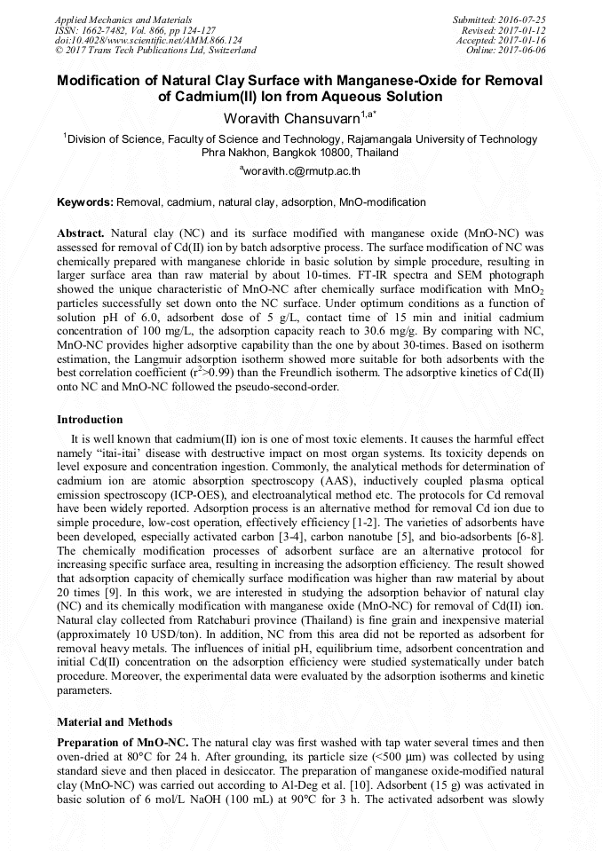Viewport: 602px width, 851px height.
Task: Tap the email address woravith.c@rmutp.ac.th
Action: (x=300, y=170)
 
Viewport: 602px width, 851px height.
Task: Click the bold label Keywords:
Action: (x=85, y=202)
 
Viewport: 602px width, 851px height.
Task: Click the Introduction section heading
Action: (x=90, y=419)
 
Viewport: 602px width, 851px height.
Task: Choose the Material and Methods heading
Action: (x=115, y=721)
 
